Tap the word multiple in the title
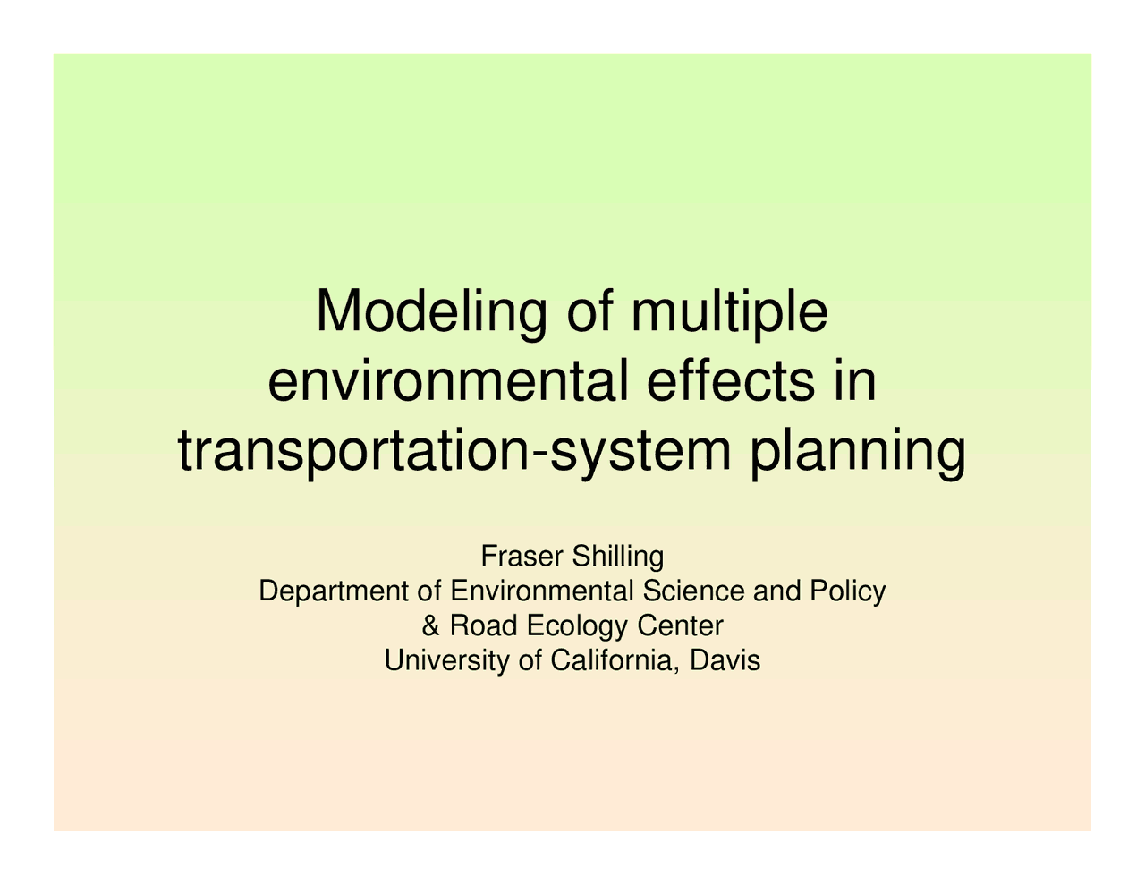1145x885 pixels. click(728, 313)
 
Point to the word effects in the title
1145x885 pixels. click(722, 382)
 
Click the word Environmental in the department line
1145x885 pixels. click(540, 591)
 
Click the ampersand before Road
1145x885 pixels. click(430, 625)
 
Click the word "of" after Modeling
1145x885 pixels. click(590, 313)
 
